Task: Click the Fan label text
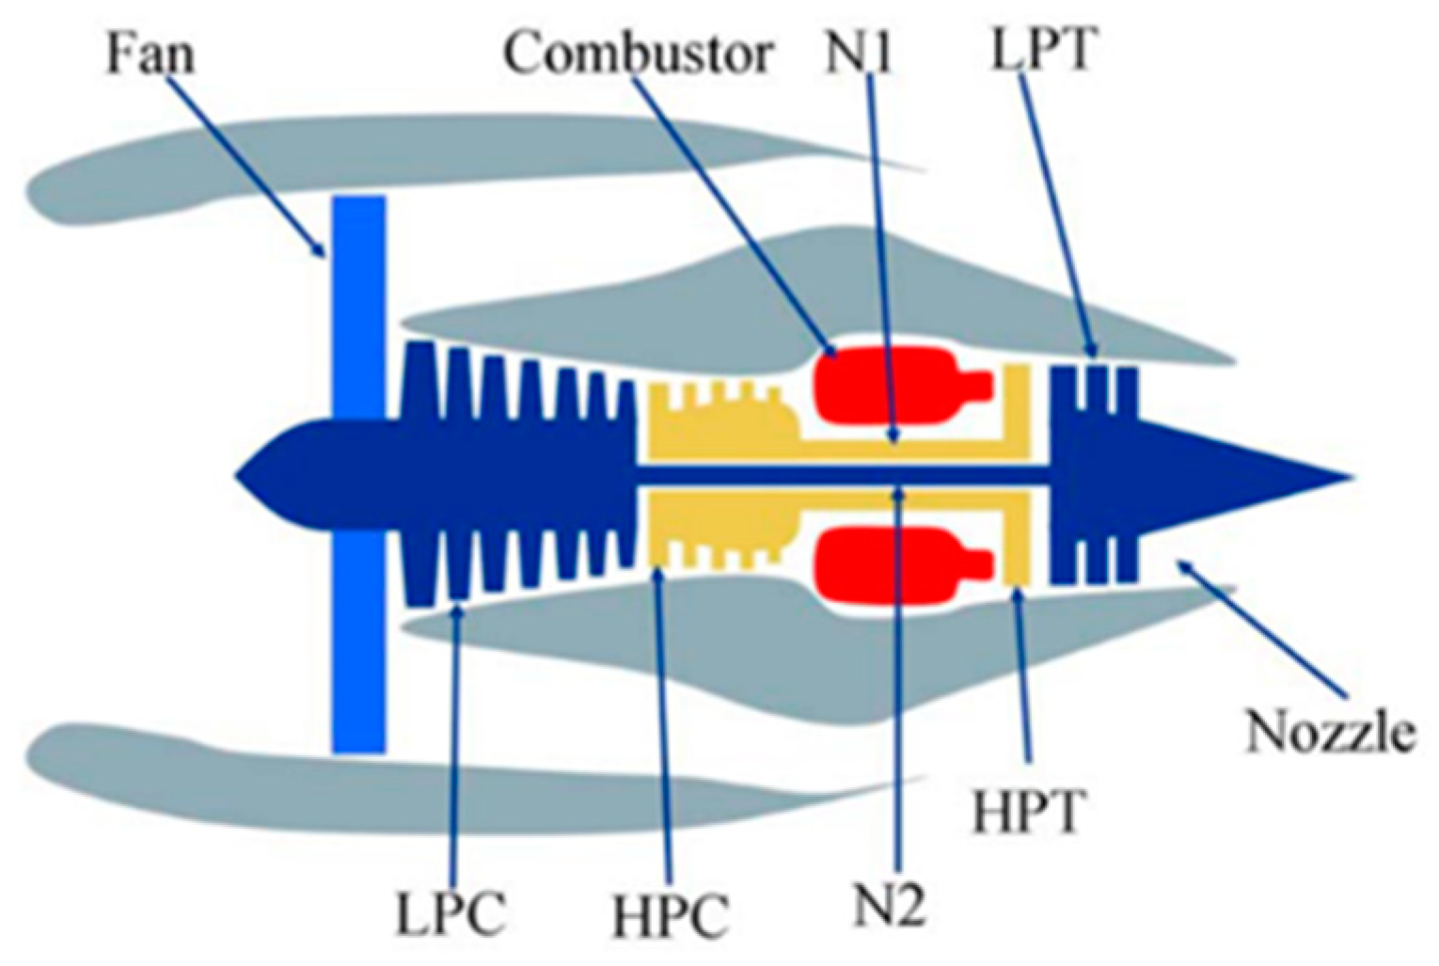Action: click(x=150, y=54)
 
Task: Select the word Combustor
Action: click(x=639, y=54)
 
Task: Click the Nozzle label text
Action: click(x=1330, y=731)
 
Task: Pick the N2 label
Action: click(x=890, y=905)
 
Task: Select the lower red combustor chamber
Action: click(x=884, y=564)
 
